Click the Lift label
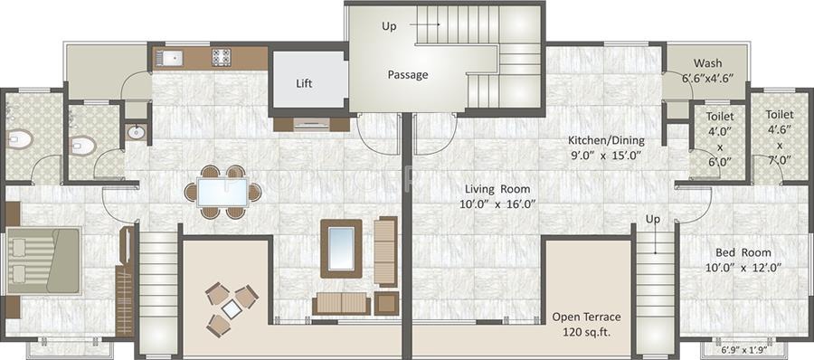click(x=305, y=84)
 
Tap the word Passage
click(x=408, y=75)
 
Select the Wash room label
click(x=707, y=63)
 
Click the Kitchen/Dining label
click(x=600, y=141)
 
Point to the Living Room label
click(x=497, y=189)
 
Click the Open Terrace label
click(x=588, y=317)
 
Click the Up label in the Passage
click(x=389, y=26)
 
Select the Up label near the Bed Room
click(x=652, y=220)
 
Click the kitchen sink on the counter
click(x=168, y=59)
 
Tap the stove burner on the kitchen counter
click(x=222, y=58)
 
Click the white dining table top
click(x=222, y=192)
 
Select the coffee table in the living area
click(x=341, y=247)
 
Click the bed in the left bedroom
click(x=43, y=260)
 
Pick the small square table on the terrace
click(x=232, y=309)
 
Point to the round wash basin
click(x=136, y=132)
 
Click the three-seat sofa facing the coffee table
click(x=341, y=304)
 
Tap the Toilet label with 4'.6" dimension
click(x=780, y=116)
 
